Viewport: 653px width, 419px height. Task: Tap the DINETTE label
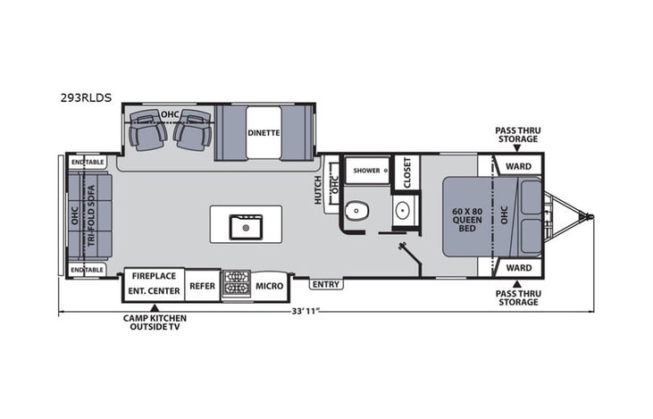(264, 132)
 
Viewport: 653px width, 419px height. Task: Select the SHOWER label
(366, 169)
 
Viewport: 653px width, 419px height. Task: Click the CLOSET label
(406, 172)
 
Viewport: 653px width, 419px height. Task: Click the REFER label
(202, 286)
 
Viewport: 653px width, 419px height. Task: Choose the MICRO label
(270, 286)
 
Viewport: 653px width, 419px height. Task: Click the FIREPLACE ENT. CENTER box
(155, 283)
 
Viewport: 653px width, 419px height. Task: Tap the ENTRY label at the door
(325, 285)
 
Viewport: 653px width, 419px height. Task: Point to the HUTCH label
(317, 189)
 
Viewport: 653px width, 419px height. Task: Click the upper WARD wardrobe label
(518, 166)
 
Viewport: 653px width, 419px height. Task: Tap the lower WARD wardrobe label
(518, 268)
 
